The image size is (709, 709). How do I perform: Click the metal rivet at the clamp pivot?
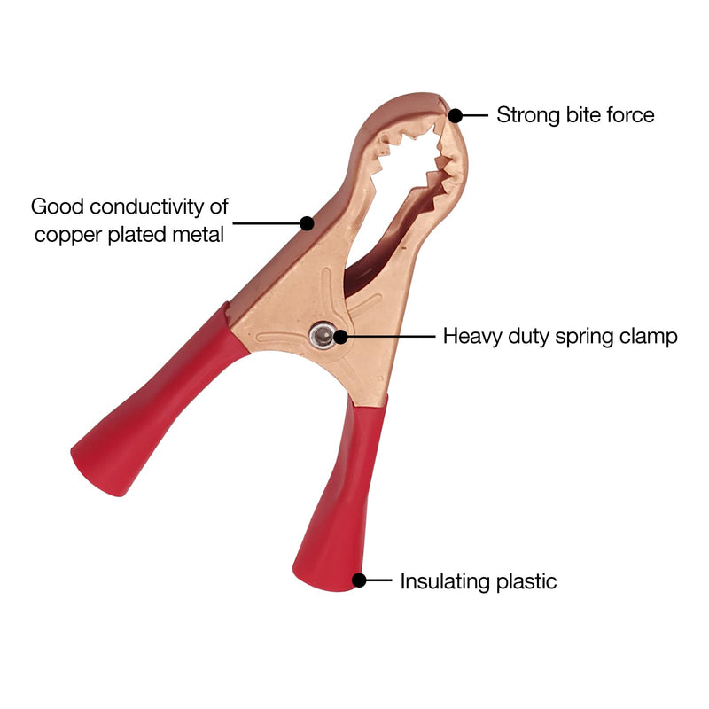[x=322, y=336]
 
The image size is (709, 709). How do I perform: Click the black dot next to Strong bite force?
[x=456, y=116]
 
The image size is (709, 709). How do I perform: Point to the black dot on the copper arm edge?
[x=307, y=223]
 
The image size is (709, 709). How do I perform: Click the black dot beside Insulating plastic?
[x=359, y=580]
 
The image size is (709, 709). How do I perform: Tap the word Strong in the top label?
[x=528, y=115]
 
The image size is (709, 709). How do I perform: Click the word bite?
[x=583, y=115]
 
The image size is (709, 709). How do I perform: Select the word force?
[x=630, y=115]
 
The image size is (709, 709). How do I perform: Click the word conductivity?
[x=147, y=207]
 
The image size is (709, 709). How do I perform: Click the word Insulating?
[x=446, y=581]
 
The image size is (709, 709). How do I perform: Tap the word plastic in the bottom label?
[x=526, y=581]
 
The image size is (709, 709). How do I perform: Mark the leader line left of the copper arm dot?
[x=267, y=223]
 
